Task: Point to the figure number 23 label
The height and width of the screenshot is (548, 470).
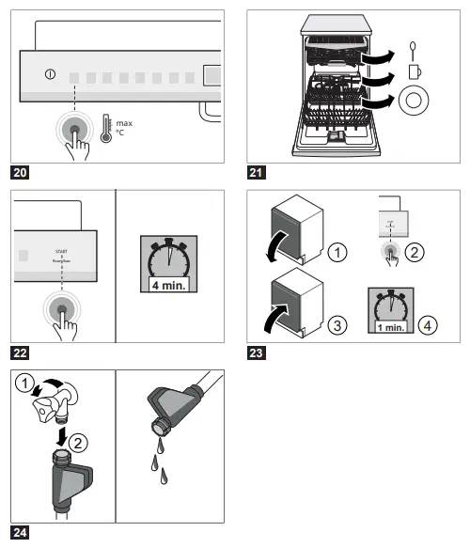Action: click(254, 354)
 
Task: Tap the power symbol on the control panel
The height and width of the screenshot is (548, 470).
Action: click(49, 74)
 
